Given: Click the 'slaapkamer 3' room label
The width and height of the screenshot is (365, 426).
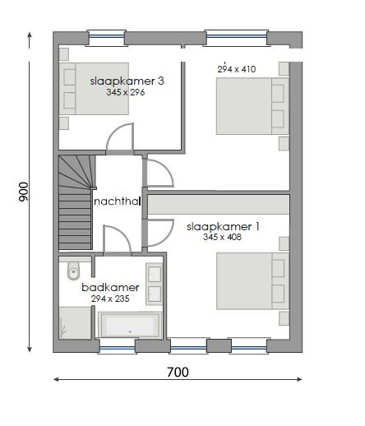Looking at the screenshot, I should click(126, 81).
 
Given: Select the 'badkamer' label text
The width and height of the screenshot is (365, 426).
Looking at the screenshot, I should click(109, 288).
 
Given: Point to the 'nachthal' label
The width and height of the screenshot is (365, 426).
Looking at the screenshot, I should click(118, 201).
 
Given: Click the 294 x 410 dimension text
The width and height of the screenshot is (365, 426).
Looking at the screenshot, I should click(236, 69).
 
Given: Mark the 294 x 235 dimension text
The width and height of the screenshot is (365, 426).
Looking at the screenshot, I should click(109, 299).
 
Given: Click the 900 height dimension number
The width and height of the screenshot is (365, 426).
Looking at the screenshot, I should click(24, 192).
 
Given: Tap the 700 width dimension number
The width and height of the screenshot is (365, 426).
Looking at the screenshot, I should click(178, 373).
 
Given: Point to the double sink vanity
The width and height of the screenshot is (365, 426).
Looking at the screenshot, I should click(155, 284).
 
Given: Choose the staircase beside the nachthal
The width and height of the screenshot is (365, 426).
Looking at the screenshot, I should click(75, 201).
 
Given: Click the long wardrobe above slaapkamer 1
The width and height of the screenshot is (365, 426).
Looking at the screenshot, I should click(219, 204).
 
